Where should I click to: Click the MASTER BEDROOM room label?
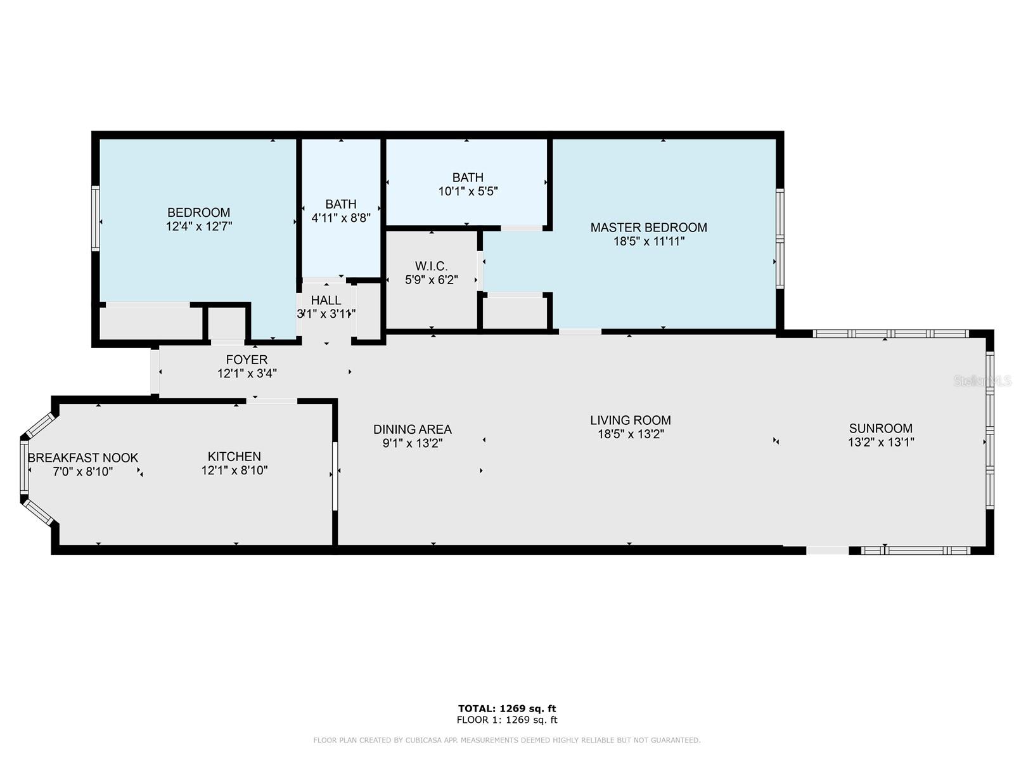648,227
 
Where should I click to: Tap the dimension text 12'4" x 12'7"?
198,226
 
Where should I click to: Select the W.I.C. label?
431,266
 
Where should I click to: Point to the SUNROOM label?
880,428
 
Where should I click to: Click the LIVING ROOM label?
630,420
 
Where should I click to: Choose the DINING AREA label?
412,429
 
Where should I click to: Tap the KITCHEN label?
234,457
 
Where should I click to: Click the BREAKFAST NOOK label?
83,458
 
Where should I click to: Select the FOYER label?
247,360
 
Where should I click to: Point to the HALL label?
326,301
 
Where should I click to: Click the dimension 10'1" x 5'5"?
468,192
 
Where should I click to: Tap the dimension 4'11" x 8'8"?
341,218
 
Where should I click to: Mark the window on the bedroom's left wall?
96,218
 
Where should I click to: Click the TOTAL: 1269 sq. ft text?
507,708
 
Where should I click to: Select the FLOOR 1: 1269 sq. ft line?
507,720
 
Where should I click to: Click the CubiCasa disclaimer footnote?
507,740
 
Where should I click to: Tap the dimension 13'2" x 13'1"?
880,442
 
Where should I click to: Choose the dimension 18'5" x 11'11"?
648,241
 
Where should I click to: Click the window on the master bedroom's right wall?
780,238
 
